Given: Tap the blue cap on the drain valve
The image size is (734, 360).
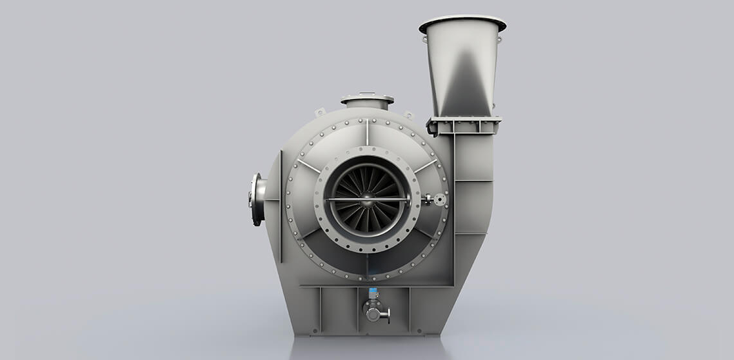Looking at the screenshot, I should coord(373,293).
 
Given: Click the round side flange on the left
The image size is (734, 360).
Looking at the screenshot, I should coord(257,199).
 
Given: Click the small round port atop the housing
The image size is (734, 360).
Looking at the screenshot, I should coord(367,101).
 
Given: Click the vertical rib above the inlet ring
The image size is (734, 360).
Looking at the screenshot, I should coord(367,132).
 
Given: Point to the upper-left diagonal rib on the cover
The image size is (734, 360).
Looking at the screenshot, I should coord(309,166).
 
